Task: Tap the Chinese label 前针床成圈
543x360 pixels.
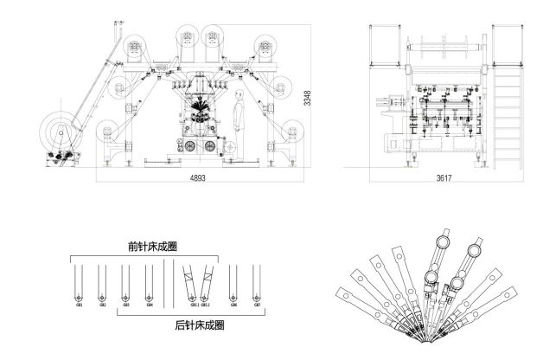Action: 144,247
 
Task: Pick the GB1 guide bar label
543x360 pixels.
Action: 79,304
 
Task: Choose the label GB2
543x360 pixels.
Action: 102,304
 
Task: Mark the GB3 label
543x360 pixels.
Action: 126,304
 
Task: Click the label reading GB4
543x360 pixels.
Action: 150,304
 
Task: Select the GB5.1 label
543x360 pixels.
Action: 194,304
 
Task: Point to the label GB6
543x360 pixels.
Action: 233,304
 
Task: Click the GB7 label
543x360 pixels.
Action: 256,304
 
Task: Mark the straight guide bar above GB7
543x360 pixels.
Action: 256,279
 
